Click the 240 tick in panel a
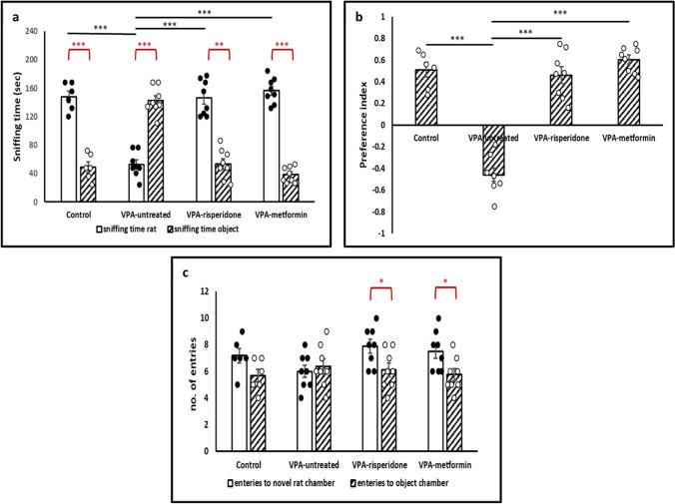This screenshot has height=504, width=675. pyautogui.click(x=36, y=31)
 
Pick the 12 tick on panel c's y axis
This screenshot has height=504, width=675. pyautogui.click(x=204, y=291)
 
